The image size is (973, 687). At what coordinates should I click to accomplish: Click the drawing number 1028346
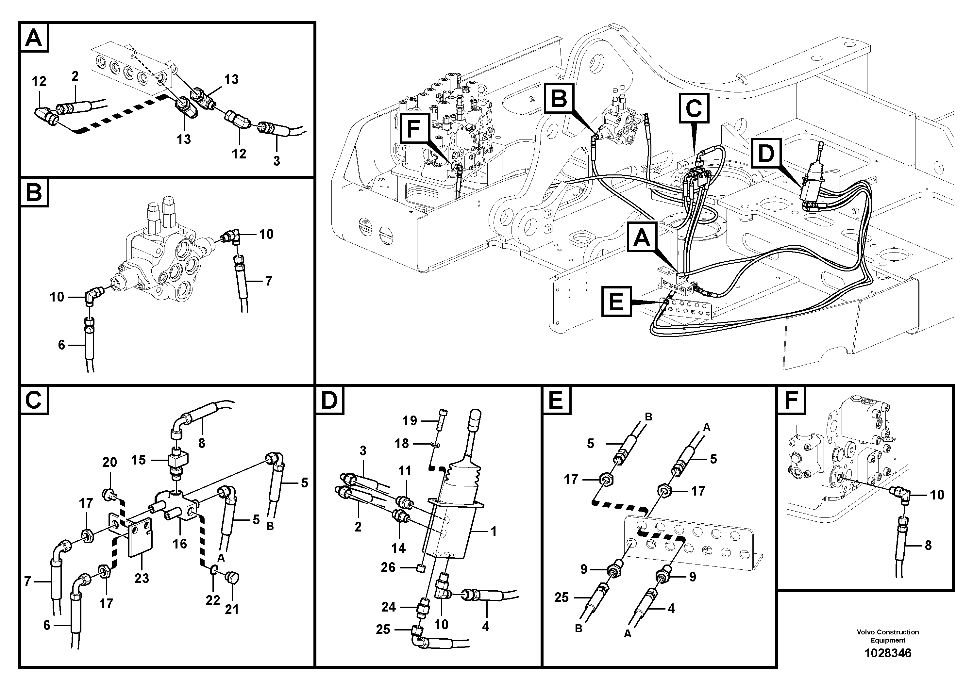coord(887,653)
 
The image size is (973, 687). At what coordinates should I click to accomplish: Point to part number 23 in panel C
coord(142,578)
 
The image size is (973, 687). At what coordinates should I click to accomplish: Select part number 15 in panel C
coord(138,460)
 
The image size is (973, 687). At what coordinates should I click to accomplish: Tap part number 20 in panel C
coord(109,462)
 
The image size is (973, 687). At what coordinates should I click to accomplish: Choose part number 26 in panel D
coord(388,567)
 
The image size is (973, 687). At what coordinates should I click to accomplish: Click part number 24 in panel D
coord(388,607)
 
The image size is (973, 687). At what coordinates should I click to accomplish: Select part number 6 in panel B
coord(61,345)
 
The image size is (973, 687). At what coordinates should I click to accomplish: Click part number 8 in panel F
coord(928,546)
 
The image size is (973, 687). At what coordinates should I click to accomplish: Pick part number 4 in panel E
coord(671,609)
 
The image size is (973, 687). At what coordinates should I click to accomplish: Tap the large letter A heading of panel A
coord(34,38)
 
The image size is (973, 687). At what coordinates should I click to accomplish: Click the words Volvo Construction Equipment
coord(887,636)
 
